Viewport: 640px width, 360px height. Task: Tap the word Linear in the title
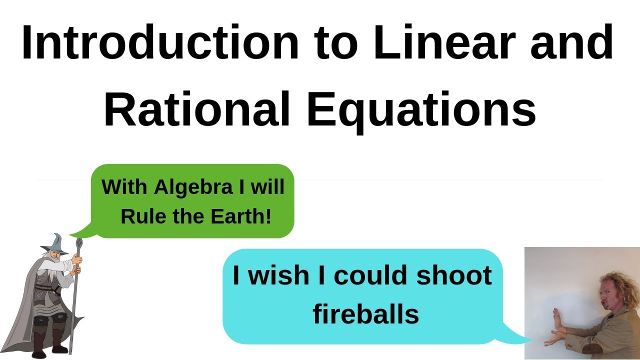pyautogui.click(x=444, y=43)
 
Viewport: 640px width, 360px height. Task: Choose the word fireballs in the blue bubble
pyautogui.click(x=365, y=314)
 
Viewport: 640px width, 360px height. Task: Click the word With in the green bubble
pyautogui.click(x=124, y=187)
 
